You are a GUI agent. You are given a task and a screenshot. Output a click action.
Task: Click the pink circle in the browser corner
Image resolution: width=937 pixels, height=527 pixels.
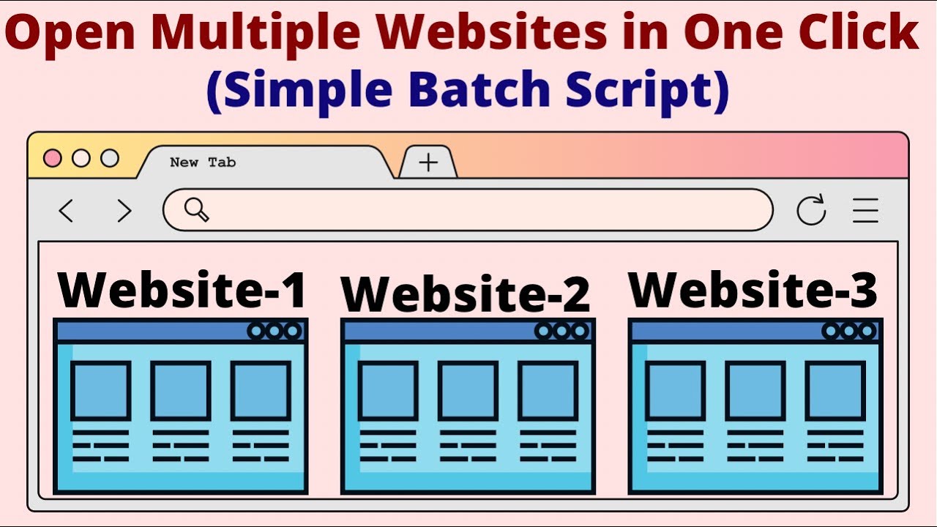click(53, 158)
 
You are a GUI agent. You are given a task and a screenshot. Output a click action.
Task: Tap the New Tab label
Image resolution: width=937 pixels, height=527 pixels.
click(203, 162)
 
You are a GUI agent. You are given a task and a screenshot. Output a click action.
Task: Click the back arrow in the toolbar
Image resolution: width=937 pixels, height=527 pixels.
click(66, 212)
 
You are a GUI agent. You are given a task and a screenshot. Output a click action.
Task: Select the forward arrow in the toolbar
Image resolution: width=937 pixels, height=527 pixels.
click(124, 212)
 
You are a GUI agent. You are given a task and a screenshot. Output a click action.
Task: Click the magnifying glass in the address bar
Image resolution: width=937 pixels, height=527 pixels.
click(196, 210)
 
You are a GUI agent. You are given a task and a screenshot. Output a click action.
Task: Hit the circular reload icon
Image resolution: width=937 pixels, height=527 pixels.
click(811, 211)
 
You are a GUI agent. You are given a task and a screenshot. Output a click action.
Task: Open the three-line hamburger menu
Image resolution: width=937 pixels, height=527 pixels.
click(865, 211)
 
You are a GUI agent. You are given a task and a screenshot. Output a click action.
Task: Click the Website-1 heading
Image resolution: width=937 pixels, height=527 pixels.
click(182, 289)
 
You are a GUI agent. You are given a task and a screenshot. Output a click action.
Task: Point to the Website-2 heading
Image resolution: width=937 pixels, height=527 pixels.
click(466, 294)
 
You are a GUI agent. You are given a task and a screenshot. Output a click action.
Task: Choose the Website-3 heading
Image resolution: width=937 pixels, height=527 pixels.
click(753, 289)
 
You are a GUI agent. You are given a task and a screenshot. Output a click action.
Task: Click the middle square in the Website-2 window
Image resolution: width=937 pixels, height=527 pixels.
click(468, 390)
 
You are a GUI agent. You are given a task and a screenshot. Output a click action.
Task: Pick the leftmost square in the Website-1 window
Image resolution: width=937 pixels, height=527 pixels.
click(101, 390)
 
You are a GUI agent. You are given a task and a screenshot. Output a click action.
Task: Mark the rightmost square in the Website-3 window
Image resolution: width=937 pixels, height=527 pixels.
click(835, 390)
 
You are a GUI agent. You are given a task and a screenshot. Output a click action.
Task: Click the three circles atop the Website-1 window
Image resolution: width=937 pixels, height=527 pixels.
click(275, 331)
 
